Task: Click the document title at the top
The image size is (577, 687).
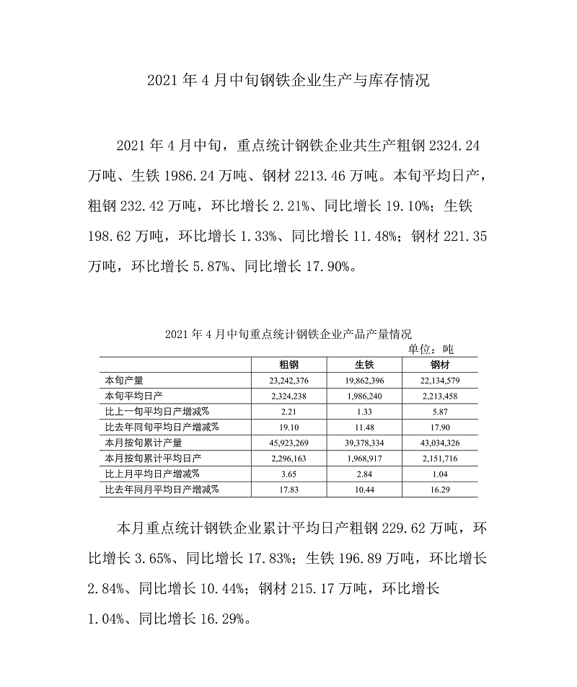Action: pos(288,80)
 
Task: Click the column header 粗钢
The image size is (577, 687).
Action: pos(289,364)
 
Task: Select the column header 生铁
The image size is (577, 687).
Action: pos(364,364)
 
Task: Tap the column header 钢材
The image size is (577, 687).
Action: pos(440,364)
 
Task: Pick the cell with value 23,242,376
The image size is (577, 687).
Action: pos(289,380)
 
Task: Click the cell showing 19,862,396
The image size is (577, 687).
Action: pos(364,380)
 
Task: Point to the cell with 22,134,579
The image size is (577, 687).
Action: pos(440,380)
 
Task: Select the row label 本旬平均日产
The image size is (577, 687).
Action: pos(134,396)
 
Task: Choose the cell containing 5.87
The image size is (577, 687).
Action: pos(440,412)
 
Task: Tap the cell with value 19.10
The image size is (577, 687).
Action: pos(289,427)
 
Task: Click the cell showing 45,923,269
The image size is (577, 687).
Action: pos(289,443)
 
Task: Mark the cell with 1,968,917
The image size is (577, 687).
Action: pos(364,458)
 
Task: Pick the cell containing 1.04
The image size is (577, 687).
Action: pos(440,474)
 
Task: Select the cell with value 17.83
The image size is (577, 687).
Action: pos(289,489)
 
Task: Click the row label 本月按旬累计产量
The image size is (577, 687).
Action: pos(144,443)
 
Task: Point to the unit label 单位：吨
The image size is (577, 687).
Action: pos(431,349)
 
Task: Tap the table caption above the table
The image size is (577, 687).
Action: pos(288,334)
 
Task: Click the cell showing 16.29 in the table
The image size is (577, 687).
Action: pos(440,489)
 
